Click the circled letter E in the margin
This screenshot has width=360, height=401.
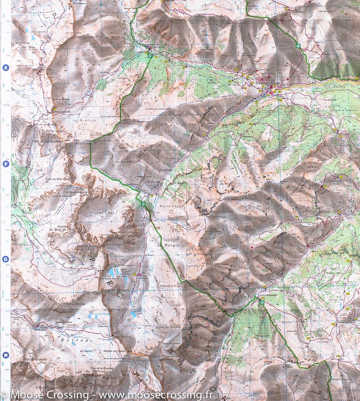point(5,68)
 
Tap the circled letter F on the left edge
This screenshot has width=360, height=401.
point(5,164)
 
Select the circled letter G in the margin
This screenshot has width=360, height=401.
point(5,259)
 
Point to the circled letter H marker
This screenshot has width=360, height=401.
point(5,355)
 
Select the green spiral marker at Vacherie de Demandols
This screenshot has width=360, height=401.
point(262,302)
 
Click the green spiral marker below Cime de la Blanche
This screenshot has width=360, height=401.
point(298,46)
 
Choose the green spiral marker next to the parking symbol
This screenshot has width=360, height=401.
point(150,56)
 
